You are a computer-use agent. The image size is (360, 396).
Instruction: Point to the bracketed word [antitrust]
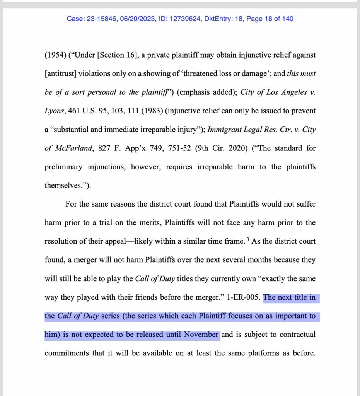coord(62,73)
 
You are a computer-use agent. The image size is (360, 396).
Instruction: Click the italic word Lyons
coord(54,111)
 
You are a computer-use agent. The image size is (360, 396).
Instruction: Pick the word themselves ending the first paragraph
coord(62,185)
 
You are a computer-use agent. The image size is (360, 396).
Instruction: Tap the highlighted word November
coord(201,335)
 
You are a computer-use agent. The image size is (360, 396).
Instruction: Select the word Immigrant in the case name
coord(223,130)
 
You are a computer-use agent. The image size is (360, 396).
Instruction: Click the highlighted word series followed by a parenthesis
coord(111,316)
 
